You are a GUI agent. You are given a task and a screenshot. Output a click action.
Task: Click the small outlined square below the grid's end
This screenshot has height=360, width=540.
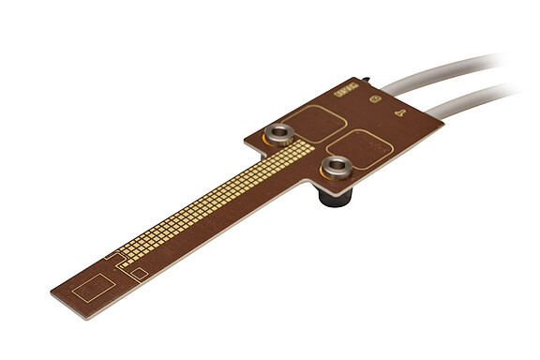138,273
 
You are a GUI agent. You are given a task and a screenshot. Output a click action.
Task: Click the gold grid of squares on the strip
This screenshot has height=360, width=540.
216,201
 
